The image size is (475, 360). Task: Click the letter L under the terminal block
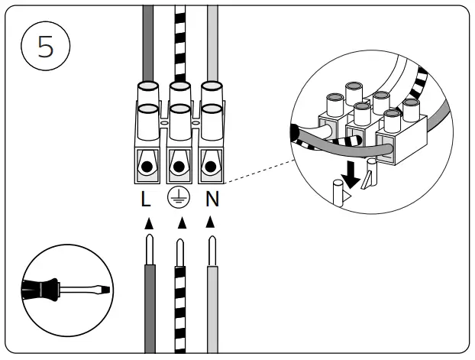(x=145, y=200)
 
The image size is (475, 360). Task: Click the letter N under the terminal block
(x=212, y=200)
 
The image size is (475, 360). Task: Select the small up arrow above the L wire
(x=149, y=223)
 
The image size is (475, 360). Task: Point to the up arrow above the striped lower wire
(x=181, y=223)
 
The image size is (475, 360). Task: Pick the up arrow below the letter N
(x=212, y=223)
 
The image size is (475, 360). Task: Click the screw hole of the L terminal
(x=146, y=166)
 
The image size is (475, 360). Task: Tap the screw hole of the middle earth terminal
(x=179, y=166)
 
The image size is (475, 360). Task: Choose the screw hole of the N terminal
(x=211, y=166)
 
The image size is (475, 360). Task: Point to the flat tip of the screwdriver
(x=104, y=290)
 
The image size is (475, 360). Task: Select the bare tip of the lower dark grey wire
(x=150, y=248)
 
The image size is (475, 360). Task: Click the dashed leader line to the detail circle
(x=260, y=169)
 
